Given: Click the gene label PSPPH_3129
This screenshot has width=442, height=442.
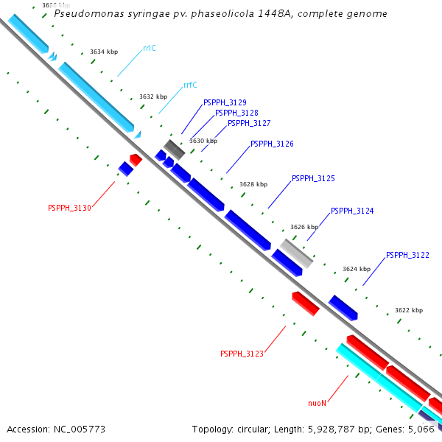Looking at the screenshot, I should pyautogui.click(x=225, y=102).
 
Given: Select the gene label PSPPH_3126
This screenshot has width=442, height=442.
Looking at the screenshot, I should pyautogui.click(x=272, y=144).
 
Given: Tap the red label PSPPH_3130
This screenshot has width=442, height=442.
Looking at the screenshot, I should pyautogui.click(x=69, y=208).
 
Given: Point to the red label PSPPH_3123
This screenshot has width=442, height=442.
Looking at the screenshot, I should pyautogui.click(x=242, y=354).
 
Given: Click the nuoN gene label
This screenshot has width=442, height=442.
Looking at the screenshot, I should pyautogui.click(x=317, y=403).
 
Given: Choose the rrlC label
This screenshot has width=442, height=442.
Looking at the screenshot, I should pyautogui.click(x=150, y=48).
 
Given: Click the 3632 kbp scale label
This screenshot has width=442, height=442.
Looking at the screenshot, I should pyautogui.click(x=153, y=97).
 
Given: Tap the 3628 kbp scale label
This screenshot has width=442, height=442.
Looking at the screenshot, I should pyautogui.click(x=253, y=184).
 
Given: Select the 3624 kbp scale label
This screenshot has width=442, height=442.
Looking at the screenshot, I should pyautogui.click(x=357, y=269).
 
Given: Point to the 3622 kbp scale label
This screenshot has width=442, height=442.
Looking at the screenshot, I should pyautogui.click(x=409, y=310).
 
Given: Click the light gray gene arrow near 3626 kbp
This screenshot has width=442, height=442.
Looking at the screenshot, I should pyautogui.click(x=296, y=253).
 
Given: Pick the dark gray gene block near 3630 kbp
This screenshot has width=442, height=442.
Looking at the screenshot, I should pyautogui.click(x=174, y=149).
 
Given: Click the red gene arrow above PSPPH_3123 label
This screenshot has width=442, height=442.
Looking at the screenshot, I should pyautogui.click(x=305, y=303).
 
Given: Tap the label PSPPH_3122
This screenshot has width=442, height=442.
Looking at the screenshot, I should pyautogui.click(x=407, y=255).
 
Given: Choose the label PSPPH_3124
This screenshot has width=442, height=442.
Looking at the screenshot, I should pyautogui.click(x=352, y=211).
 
